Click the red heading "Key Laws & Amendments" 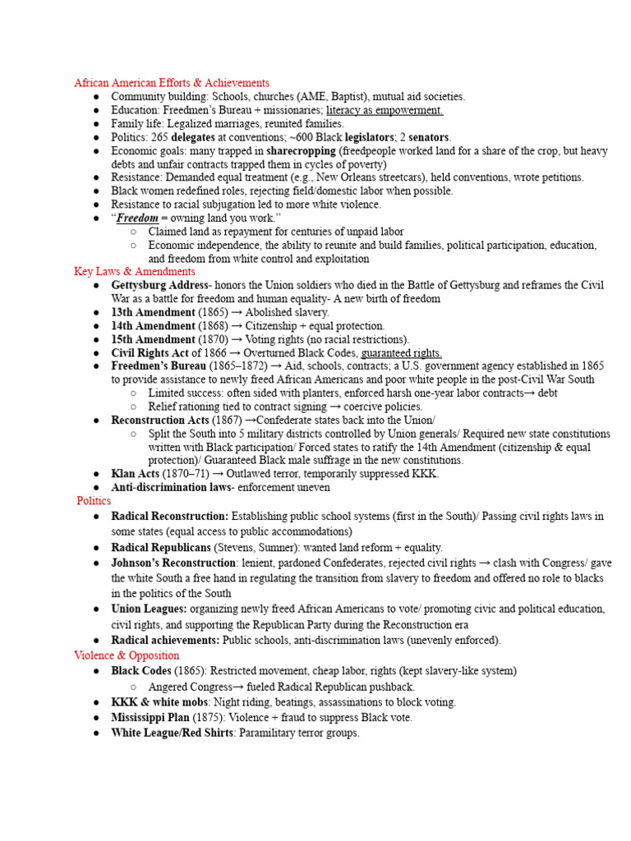pyautogui.click(x=135, y=272)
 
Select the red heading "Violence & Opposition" pyautogui.click(x=127, y=655)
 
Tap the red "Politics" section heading pyautogui.click(x=94, y=500)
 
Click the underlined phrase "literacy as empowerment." pyautogui.click(x=385, y=110)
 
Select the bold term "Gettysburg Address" pyautogui.click(x=160, y=285)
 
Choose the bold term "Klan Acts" pyautogui.click(x=136, y=474)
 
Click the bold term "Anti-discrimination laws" pyautogui.click(x=171, y=488)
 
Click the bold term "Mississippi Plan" pyautogui.click(x=150, y=717)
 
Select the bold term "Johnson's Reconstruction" pyautogui.click(x=173, y=563)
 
